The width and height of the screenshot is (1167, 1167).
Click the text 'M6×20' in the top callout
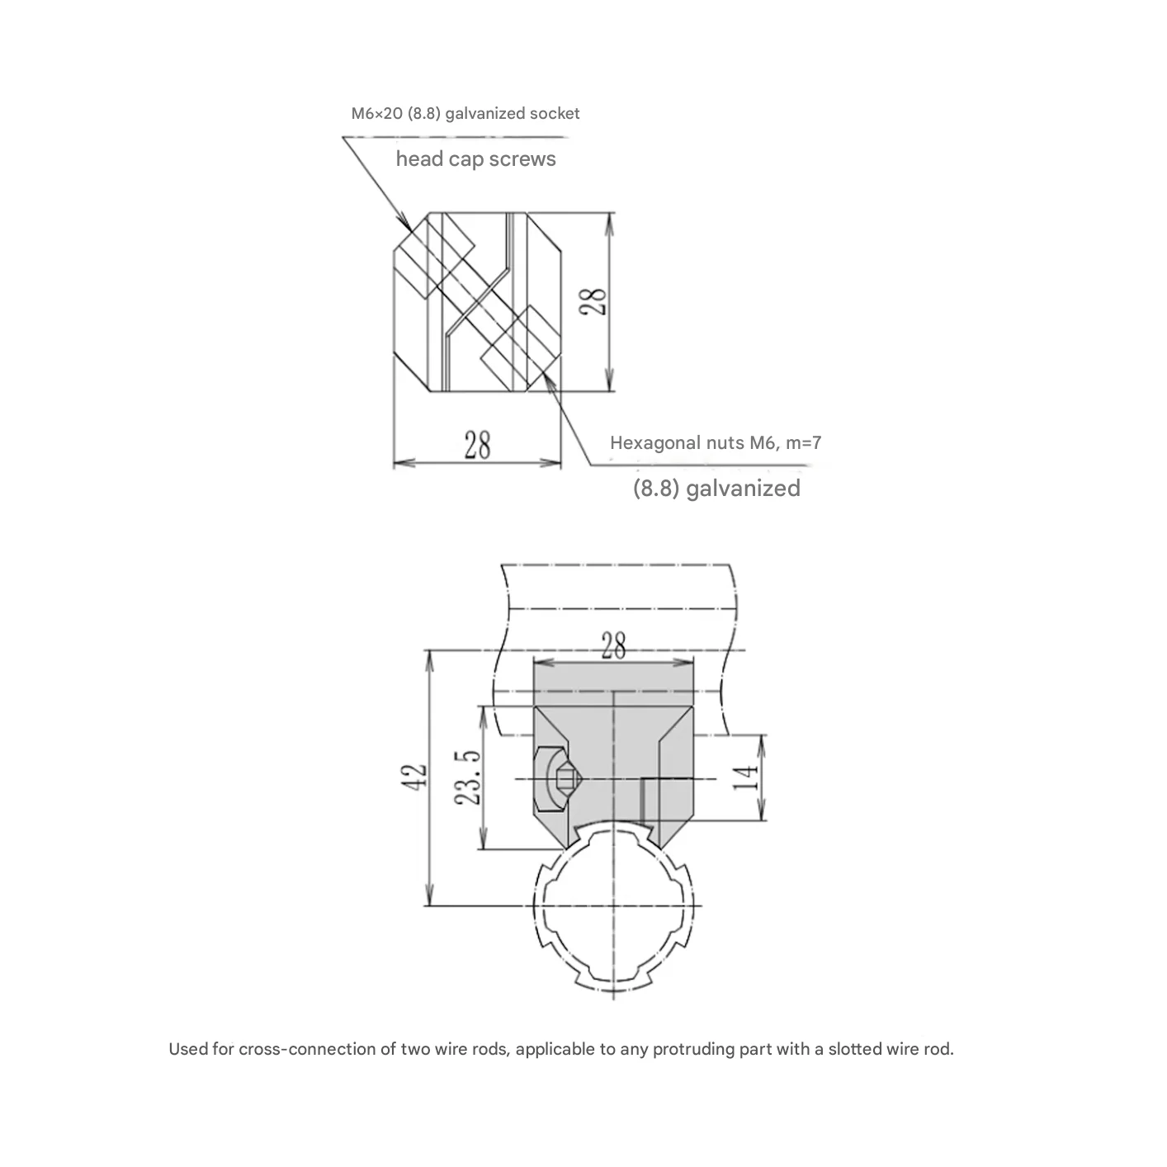376,114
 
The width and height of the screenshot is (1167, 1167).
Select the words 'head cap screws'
475,159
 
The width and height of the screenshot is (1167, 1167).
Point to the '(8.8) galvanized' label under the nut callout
716,489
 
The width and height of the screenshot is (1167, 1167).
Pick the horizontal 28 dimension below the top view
477,446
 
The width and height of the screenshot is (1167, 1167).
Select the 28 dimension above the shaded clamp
613,645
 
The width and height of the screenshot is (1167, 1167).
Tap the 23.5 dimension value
467,777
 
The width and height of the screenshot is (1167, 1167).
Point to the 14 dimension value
746,777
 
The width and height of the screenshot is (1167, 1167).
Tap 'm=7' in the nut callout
801,443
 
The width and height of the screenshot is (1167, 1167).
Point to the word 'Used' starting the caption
185,1050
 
